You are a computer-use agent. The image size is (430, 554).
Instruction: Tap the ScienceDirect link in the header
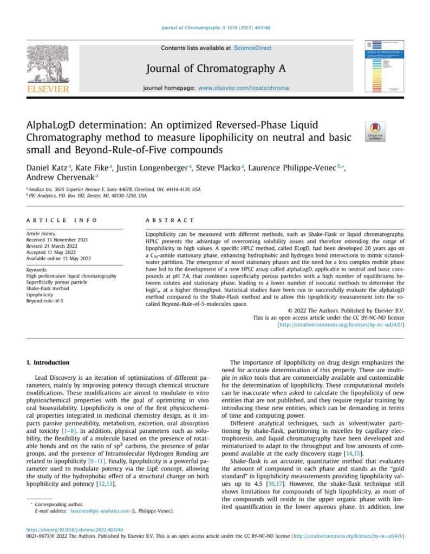pos(252,48)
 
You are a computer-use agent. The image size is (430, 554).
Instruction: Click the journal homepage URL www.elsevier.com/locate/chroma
pos(243,88)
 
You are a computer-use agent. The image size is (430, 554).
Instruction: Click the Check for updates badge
pos(375,131)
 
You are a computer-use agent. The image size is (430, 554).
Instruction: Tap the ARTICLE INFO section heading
pos(62,221)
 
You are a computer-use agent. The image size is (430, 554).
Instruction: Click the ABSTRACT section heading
pos(170,221)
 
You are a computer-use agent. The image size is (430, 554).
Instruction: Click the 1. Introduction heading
pos(48,362)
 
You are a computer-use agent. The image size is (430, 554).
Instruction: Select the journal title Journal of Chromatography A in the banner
pos(216,69)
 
